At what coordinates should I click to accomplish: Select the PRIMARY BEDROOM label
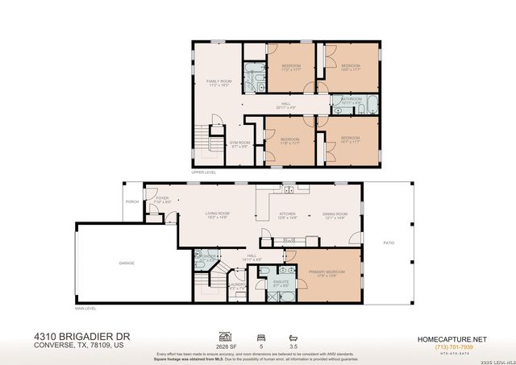[x=331, y=272]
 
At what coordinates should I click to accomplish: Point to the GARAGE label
[x=127, y=263]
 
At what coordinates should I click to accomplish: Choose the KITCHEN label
[x=288, y=214]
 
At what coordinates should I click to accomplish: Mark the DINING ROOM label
[x=334, y=214]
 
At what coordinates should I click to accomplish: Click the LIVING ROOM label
[x=216, y=214]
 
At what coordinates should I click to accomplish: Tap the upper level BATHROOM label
[x=350, y=100]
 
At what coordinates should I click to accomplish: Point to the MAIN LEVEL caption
[x=85, y=309]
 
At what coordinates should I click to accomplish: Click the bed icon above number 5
[x=260, y=333]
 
